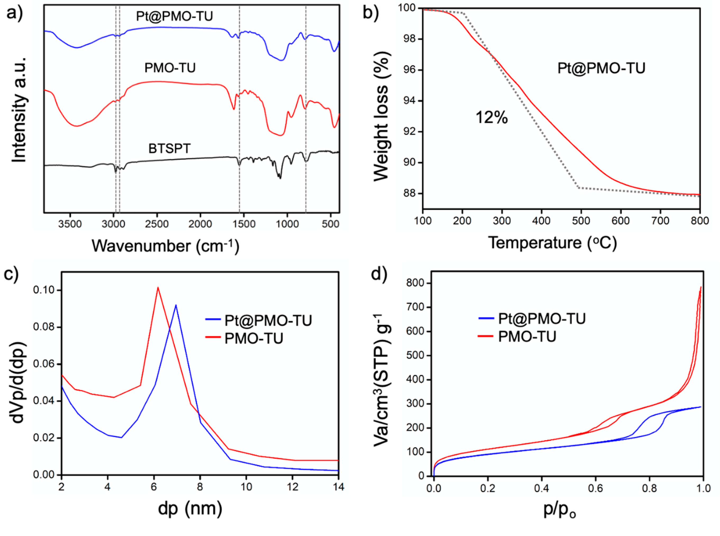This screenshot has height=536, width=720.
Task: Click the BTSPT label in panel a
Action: (x=169, y=148)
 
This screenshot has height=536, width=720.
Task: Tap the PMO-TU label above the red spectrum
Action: (x=170, y=68)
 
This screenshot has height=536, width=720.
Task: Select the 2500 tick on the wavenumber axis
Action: (x=157, y=224)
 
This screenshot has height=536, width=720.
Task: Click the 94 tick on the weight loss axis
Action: (x=409, y=101)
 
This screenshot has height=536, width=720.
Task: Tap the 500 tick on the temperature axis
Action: (x=580, y=221)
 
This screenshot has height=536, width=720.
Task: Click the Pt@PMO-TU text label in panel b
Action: (x=601, y=68)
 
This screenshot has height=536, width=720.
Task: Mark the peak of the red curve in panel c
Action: (x=158, y=288)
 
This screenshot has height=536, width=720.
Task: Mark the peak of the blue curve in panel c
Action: (x=176, y=305)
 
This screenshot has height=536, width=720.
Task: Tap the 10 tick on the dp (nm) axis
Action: (x=246, y=487)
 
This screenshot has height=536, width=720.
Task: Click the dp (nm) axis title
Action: (x=190, y=509)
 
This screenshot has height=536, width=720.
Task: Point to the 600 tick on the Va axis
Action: (x=415, y=331)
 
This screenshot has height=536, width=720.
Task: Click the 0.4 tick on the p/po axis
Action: (x=541, y=488)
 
